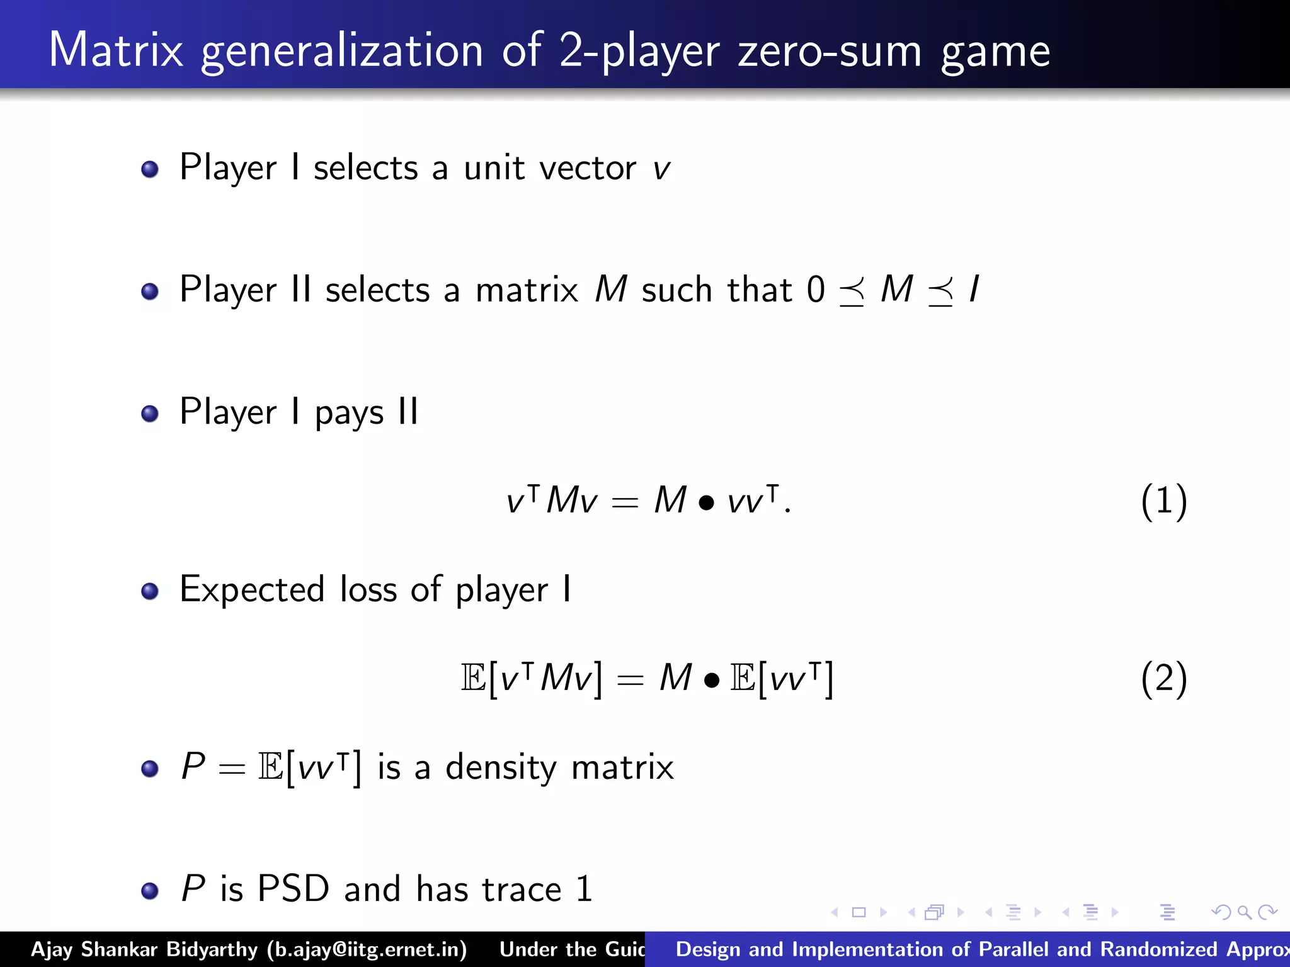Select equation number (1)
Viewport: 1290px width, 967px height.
tap(1164, 502)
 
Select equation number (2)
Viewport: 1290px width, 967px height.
tap(1164, 679)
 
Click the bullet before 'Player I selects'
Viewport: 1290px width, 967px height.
tap(150, 169)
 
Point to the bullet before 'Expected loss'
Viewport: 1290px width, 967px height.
tap(150, 591)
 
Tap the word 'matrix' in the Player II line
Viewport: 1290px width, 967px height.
tap(527, 290)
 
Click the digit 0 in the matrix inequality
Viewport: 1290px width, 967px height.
tap(816, 290)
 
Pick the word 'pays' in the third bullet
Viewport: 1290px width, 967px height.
tap(349, 413)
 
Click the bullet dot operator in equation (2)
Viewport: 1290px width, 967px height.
tap(712, 681)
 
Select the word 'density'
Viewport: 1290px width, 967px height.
tap(501, 767)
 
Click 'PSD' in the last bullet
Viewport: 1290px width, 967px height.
tap(294, 889)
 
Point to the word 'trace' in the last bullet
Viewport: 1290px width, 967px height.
tap(522, 890)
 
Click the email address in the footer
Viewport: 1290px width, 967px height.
tap(367, 949)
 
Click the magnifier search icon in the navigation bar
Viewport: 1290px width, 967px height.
tap(1244, 912)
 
